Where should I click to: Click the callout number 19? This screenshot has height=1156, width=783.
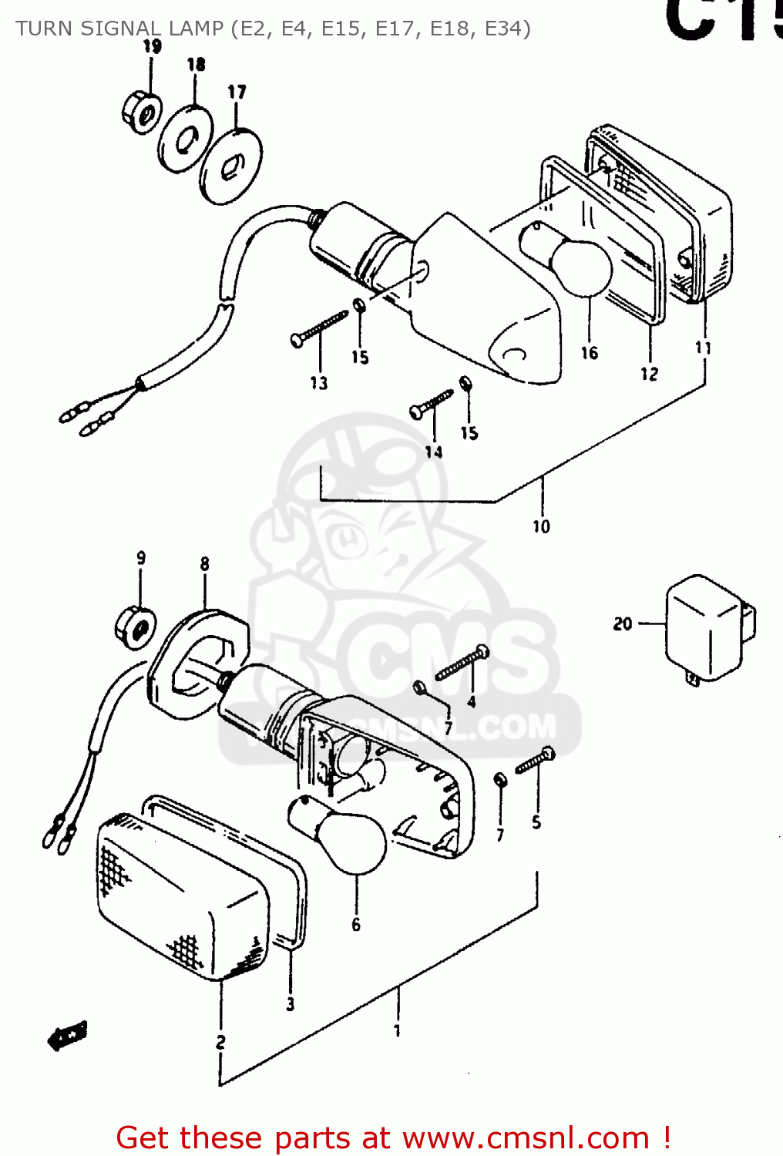click(153, 46)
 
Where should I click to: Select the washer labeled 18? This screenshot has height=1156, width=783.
click(186, 139)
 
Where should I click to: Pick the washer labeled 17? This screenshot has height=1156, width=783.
click(230, 167)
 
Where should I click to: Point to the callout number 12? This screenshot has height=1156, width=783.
click(649, 374)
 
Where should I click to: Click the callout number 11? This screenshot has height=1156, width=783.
click(703, 348)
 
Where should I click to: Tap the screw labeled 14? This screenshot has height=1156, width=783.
click(432, 403)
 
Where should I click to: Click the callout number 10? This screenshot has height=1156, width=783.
click(541, 526)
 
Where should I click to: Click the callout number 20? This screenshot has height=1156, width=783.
click(623, 623)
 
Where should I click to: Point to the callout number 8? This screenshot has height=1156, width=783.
click(204, 564)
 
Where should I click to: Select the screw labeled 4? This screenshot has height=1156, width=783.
click(462, 664)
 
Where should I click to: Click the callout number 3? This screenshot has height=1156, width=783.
click(291, 1004)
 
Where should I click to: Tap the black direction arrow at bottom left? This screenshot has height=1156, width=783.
click(68, 1034)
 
